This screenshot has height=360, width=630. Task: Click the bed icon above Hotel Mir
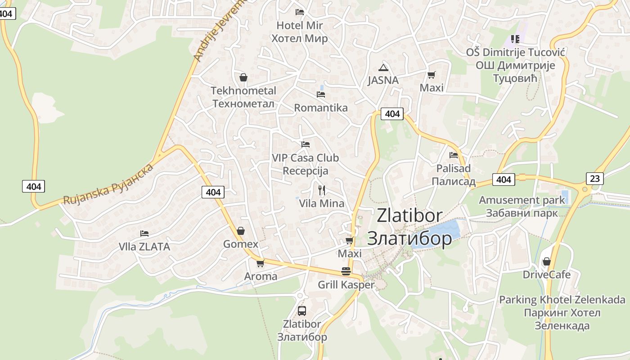(299, 12)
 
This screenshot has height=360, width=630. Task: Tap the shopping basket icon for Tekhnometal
(243, 77)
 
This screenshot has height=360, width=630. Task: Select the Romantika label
(321, 108)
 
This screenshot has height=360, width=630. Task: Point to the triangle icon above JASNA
(383, 68)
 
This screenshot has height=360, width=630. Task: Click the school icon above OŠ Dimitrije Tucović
(515, 39)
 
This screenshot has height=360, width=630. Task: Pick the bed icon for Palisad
(454, 155)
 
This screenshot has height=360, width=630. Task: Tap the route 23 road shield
(595, 178)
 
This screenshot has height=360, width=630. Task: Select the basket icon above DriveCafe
(546, 261)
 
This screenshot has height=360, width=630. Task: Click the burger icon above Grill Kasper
(346, 271)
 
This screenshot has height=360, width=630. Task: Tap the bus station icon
(302, 310)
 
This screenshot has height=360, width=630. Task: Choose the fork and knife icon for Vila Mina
(322, 190)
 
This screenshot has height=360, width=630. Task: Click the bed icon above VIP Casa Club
(306, 144)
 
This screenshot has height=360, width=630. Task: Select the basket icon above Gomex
(241, 231)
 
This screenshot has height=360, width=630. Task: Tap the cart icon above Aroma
(260, 263)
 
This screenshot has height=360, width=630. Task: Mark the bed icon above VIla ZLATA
(144, 234)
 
